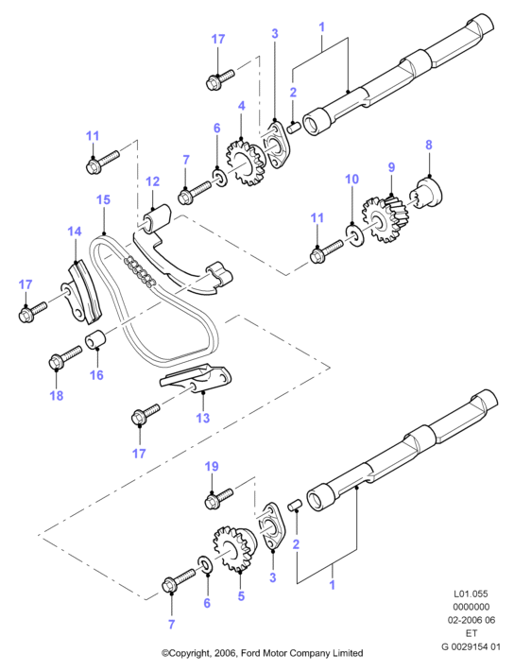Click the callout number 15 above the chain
pos(103,199)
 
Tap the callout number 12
pos(152,181)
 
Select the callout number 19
pos(212,467)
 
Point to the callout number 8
pos(429,146)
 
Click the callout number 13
pos(203,418)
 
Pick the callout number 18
pos(57,395)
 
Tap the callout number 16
pos(96,375)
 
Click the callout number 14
pos(75,232)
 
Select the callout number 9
pos(391,167)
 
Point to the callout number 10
pos(351,179)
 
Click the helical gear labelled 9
pos(384,217)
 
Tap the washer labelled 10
pos(354,235)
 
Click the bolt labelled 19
pos(219,499)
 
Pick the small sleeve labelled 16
pos(97,339)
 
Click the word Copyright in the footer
pos(186,653)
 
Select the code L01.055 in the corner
pos(471,594)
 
